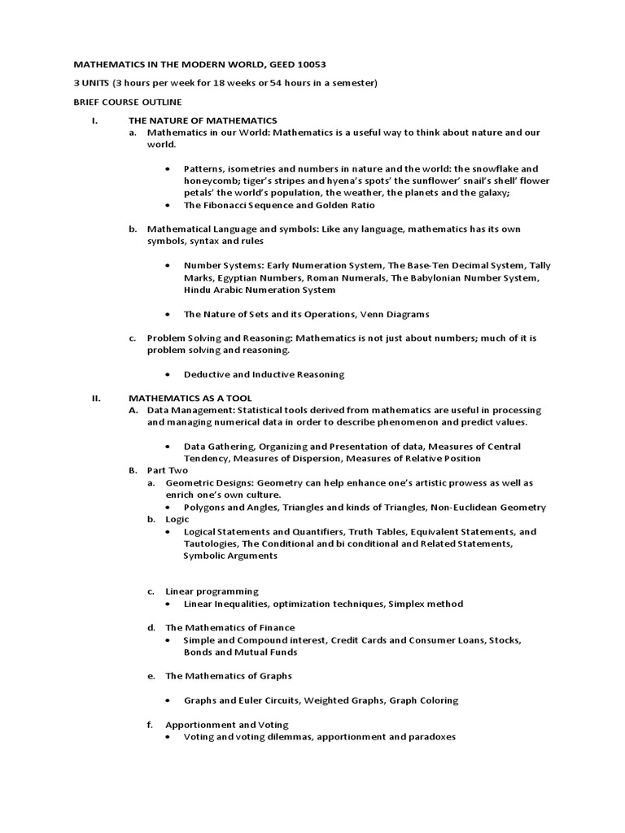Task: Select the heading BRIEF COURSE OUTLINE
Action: (128, 102)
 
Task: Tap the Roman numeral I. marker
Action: (94, 120)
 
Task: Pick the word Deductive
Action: (208, 374)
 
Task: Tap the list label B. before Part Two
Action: (133, 470)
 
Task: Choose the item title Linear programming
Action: (212, 591)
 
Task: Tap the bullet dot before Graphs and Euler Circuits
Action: (168, 700)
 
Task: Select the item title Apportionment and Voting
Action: (226, 724)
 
